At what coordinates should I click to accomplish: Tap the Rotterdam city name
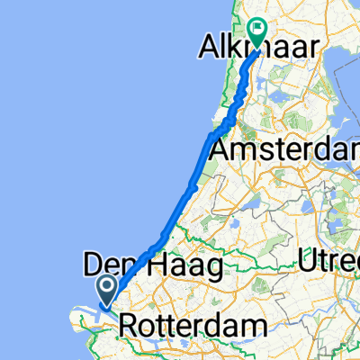(193, 324)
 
